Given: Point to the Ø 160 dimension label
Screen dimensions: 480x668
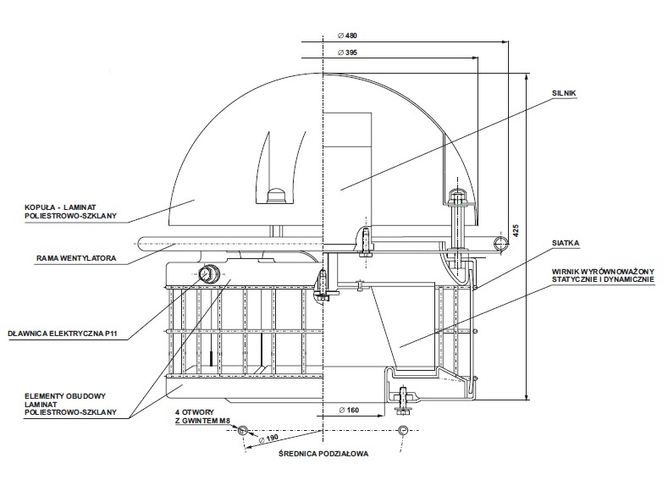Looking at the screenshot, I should tap(349, 410).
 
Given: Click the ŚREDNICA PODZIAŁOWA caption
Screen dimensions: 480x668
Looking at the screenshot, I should tap(324, 454).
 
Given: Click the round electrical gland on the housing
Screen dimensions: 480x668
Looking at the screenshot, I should tap(207, 273).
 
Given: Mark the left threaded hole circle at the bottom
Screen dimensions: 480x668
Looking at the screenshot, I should tap(243, 430).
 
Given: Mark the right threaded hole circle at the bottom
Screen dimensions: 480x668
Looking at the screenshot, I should tap(403, 430).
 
